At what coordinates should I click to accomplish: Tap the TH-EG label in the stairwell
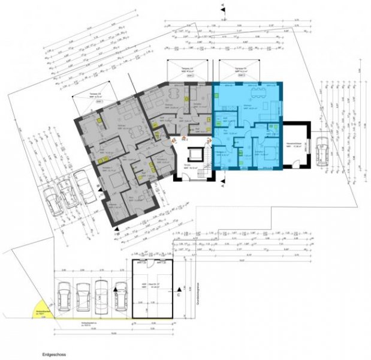(x=187, y=166)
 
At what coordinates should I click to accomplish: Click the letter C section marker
(x=178, y=295)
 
